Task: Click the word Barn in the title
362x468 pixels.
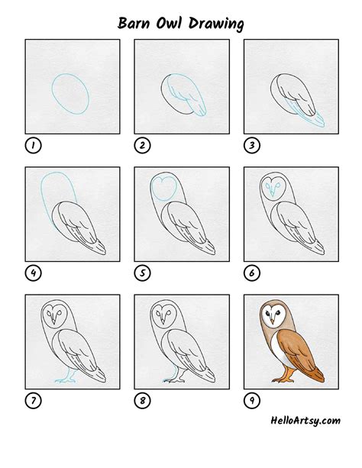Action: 135,24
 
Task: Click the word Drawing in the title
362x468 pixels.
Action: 219,24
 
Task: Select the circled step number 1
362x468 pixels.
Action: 32,145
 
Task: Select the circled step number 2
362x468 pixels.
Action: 141,145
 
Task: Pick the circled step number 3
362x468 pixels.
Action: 250,145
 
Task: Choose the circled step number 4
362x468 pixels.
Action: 32,271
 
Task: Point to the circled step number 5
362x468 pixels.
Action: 141,271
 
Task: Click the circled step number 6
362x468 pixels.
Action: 250,271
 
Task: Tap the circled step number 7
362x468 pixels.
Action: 32,398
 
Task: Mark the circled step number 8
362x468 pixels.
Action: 141,398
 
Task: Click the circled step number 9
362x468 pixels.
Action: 250,398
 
